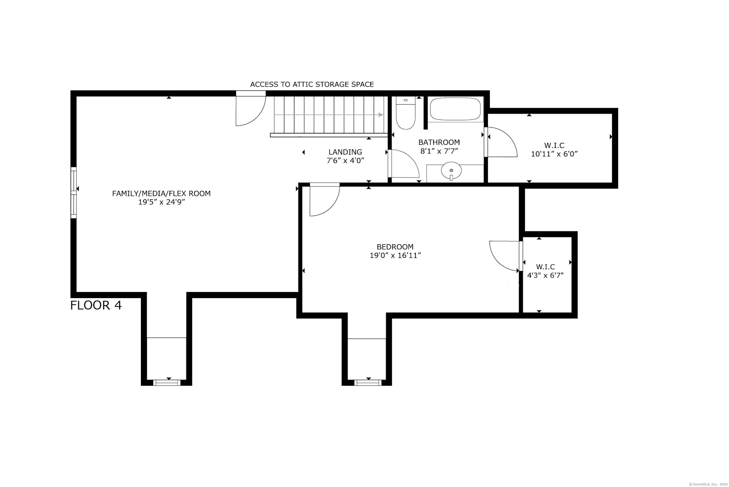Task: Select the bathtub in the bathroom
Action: pos(455,109)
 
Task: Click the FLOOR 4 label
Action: pos(96,305)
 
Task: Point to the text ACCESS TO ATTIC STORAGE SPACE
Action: pos(312,84)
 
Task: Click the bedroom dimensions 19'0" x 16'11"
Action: pos(395,255)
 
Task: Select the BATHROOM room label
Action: pos(439,142)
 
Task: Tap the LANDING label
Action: pos(345,152)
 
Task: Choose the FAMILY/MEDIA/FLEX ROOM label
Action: pos(161,194)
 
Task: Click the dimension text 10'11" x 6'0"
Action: pos(554,154)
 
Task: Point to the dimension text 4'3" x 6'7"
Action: pos(545,275)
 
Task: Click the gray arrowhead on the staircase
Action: pos(381,115)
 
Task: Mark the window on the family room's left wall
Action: pos(74,193)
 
